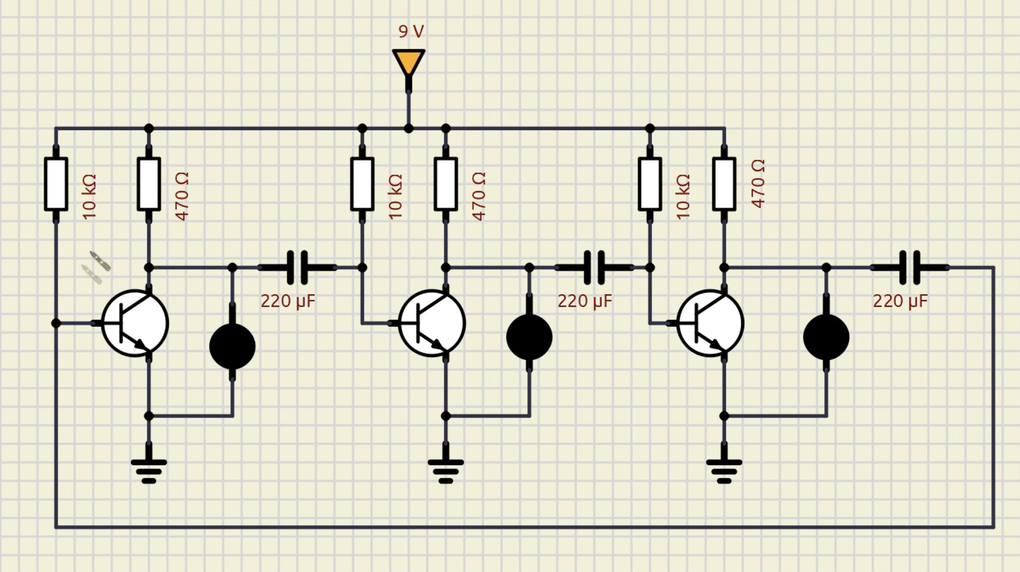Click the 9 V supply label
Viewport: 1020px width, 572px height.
[411, 32]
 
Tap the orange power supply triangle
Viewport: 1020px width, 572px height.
[409, 61]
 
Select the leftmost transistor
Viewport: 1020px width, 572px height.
[135, 323]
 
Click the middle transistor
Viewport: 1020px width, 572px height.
[432, 323]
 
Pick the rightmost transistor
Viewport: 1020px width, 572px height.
[710, 323]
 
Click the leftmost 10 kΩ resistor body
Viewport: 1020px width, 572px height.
[56, 184]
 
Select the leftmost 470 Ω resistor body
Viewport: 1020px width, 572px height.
[149, 184]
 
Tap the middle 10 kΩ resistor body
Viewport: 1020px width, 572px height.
[362, 184]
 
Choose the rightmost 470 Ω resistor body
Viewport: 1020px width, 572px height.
[724, 184]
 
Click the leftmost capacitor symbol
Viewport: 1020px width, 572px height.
[297, 268]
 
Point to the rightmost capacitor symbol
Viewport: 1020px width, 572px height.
[910, 268]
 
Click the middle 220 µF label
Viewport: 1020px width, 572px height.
[585, 302]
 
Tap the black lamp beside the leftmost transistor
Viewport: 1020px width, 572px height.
[232, 347]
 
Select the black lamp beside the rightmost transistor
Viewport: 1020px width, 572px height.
[826, 337]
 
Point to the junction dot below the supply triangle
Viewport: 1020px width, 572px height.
[409, 128]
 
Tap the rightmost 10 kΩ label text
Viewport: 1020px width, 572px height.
[683, 196]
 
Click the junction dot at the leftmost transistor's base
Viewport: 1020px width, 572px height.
[56, 323]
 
